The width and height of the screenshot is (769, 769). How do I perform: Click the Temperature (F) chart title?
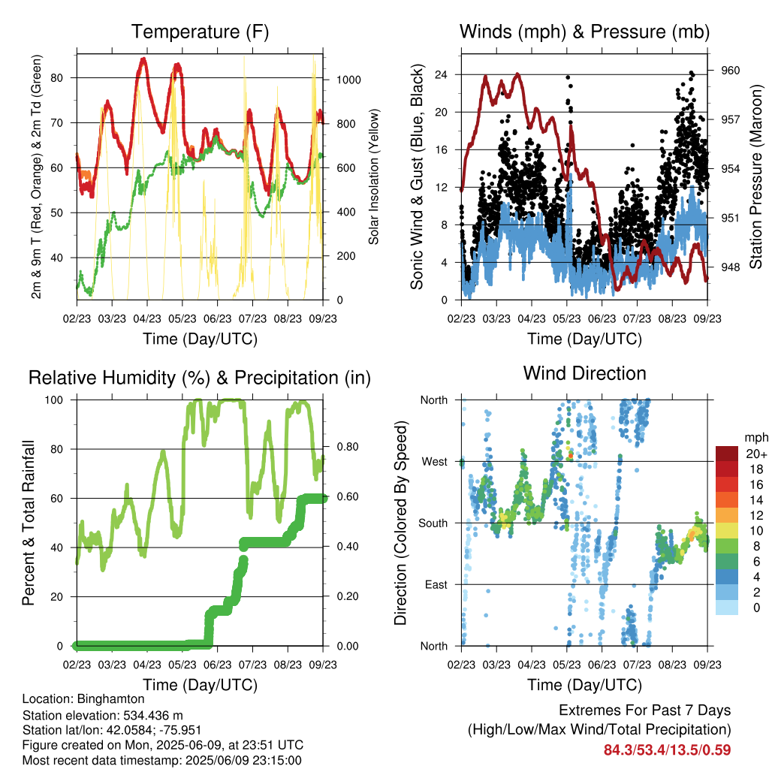pyautogui.click(x=200, y=32)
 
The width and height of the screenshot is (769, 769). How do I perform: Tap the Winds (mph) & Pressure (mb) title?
pyautogui.click(x=584, y=32)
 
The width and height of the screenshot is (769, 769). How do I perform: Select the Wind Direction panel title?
pyautogui.click(x=584, y=373)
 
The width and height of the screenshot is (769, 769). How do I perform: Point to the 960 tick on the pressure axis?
pyautogui.click(x=730, y=71)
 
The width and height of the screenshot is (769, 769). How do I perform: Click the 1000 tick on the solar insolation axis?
pyautogui.click(x=348, y=80)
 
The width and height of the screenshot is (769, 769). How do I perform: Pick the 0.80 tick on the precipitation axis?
pyautogui.click(x=348, y=447)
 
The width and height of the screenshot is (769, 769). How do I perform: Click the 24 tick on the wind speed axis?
pyautogui.click(x=442, y=74)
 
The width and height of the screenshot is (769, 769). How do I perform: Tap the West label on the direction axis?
pyautogui.click(x=435, y=462)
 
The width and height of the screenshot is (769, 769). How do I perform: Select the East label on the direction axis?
pyautogui.click(x=436, y=584)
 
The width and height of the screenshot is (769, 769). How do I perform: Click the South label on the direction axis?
pyautogui.click(x=433, y=523)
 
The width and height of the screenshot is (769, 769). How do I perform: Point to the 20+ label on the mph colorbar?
pyautogui.click(x=755, y=454)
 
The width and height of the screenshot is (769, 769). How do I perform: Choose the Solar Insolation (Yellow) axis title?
pyautogui.click(x=374, y=176)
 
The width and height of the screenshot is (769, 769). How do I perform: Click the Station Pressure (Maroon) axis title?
pyautogui.click(x=755, y=176)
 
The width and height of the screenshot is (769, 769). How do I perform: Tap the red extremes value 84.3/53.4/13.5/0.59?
pyautogui.click(x=667, y=750)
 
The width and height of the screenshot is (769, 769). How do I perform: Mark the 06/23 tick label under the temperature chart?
pyautogui.click(x=217, y=318)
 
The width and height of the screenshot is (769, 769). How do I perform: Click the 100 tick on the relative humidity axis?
pyautogui.click(x=54, y=400)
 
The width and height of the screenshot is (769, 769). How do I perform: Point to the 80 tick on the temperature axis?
pyautogui.click(x=57, y=77)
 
